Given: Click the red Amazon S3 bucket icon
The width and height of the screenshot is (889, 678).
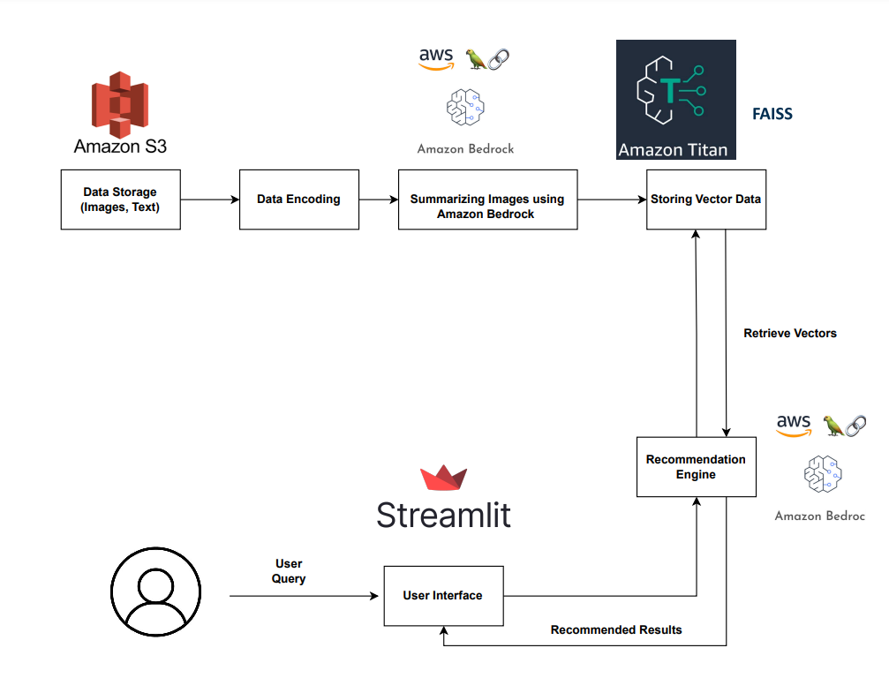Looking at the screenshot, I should pos(120,103).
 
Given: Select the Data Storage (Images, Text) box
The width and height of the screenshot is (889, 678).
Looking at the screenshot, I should pos(121,200).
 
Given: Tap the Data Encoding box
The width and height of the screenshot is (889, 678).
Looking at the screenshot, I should pos(298,200).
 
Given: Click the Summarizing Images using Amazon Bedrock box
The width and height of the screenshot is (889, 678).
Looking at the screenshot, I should pos(487,200).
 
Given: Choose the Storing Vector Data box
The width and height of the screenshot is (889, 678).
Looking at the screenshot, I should pos(704,200).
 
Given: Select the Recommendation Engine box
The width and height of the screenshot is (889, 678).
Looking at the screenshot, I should pos(696,466).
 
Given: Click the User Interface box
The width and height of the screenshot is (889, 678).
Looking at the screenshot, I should pos(443,596).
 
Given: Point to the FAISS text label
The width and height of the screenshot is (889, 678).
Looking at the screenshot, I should pos(772,114).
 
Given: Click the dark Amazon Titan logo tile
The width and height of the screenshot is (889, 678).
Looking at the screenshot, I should pos(675,99).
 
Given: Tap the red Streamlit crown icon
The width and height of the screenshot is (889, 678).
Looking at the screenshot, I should pos(444,478).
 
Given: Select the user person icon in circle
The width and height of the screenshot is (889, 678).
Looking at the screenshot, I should pos(155,591).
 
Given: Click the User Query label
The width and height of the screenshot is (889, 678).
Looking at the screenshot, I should pos(289,571).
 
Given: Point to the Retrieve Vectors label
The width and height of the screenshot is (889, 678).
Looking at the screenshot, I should pos(790,334).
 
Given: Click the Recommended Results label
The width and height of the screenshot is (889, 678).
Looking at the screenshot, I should pos(616,629).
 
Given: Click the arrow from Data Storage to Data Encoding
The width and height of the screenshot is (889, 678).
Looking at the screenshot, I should pos(210,200).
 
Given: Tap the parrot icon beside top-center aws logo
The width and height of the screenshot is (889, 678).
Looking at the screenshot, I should pos(477,59).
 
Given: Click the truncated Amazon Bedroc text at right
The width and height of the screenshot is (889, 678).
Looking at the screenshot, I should pos(819,516).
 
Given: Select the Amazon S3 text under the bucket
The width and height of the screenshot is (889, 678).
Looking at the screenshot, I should pos(120,146).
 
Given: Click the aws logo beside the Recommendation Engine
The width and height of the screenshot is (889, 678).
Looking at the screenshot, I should pos(794,426).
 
